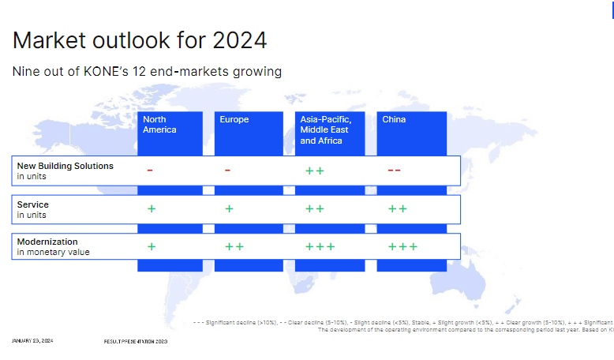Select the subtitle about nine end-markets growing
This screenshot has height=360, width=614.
(147, 72)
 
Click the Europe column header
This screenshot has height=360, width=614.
(234, 120)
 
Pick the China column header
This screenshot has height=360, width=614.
(394, 120)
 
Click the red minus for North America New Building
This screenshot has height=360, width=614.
(150, 171)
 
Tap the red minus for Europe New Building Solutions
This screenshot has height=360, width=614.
(227, 171)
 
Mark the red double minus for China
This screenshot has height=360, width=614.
(394, 171)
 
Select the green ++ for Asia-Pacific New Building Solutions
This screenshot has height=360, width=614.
(314, 171)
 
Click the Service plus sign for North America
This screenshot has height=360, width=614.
(152, 209)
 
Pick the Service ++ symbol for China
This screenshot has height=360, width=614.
(398, 209)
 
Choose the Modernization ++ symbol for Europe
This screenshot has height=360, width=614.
(234, 246)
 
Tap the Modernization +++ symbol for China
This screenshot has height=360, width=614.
(402, 246)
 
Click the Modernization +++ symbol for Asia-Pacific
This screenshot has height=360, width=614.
(320, 246)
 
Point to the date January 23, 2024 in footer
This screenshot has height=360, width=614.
(33, 341)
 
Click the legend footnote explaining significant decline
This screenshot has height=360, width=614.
(402, 323)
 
